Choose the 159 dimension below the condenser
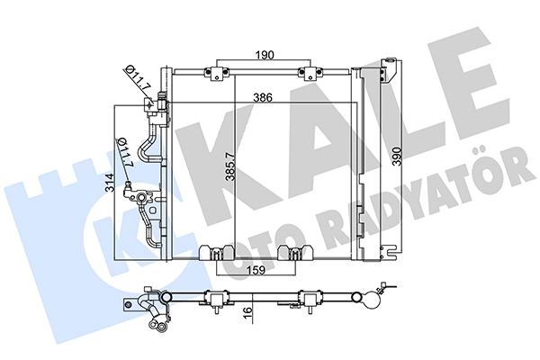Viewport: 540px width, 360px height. [256, 267]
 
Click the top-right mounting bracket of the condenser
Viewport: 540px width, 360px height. [310, 71]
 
